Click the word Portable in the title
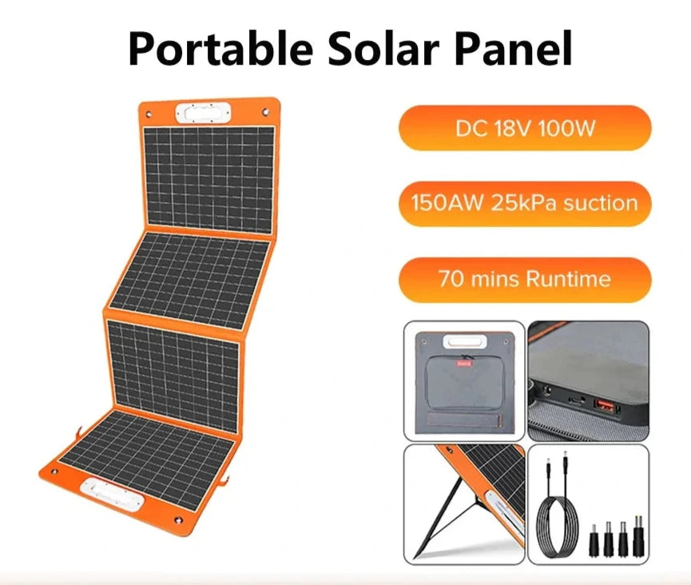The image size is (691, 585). [220, 48]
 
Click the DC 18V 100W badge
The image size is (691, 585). [525, 128]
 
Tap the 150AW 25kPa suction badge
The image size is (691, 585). [525, 204]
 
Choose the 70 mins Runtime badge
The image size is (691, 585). [525, 280]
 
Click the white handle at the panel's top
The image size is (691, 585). [203, 113]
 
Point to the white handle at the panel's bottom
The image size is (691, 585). [112, 495]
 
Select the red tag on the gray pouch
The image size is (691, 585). [463, 364]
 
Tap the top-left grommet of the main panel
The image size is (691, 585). [149, 114]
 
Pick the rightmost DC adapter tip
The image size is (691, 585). [637, 535]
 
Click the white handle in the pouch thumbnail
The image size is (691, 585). [465, 342]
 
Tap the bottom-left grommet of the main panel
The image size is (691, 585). [54, 472]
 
